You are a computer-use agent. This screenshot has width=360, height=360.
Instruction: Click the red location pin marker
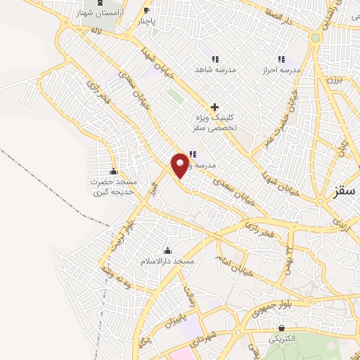coord(181,165)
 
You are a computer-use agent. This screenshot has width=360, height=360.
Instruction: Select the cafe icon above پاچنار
coord(146,10)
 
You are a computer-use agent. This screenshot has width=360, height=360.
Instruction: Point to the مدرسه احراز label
coord(282,70)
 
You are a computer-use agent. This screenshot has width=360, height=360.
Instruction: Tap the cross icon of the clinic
coord(214,106)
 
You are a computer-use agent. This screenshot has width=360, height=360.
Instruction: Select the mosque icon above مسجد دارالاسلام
coord(168,250)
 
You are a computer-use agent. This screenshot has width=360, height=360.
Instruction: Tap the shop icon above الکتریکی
coord(282,327)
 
